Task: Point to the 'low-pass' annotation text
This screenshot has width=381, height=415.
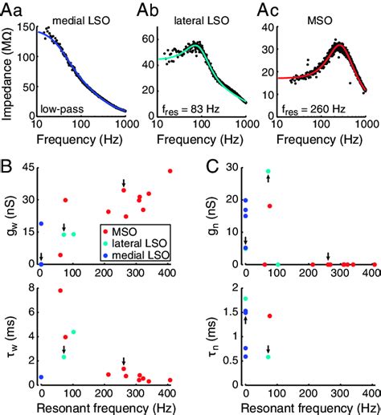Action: tap(63, 108)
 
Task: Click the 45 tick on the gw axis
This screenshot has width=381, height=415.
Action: tap(27, 168)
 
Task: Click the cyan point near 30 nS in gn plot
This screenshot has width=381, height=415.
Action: tap(268, 171)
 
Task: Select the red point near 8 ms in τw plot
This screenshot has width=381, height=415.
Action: tap(59, 291)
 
